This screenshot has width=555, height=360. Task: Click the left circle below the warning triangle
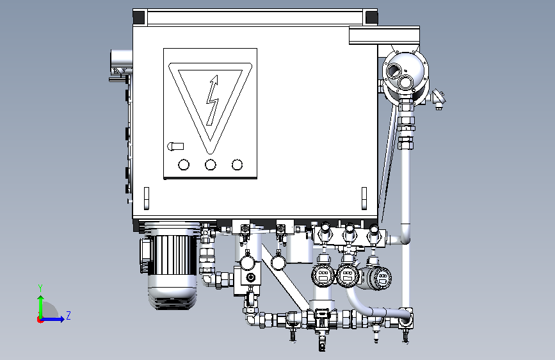184,165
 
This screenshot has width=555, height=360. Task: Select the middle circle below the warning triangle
211,165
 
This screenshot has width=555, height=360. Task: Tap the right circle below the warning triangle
237,165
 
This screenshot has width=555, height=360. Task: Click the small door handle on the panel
175,147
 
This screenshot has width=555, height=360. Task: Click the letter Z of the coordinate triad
68,315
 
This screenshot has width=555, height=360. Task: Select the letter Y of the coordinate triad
40,288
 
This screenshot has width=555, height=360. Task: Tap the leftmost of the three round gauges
322,275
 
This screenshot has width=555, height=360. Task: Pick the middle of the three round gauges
348,275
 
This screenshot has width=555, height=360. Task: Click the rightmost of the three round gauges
382,277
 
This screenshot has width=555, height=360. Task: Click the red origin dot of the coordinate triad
40,319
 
